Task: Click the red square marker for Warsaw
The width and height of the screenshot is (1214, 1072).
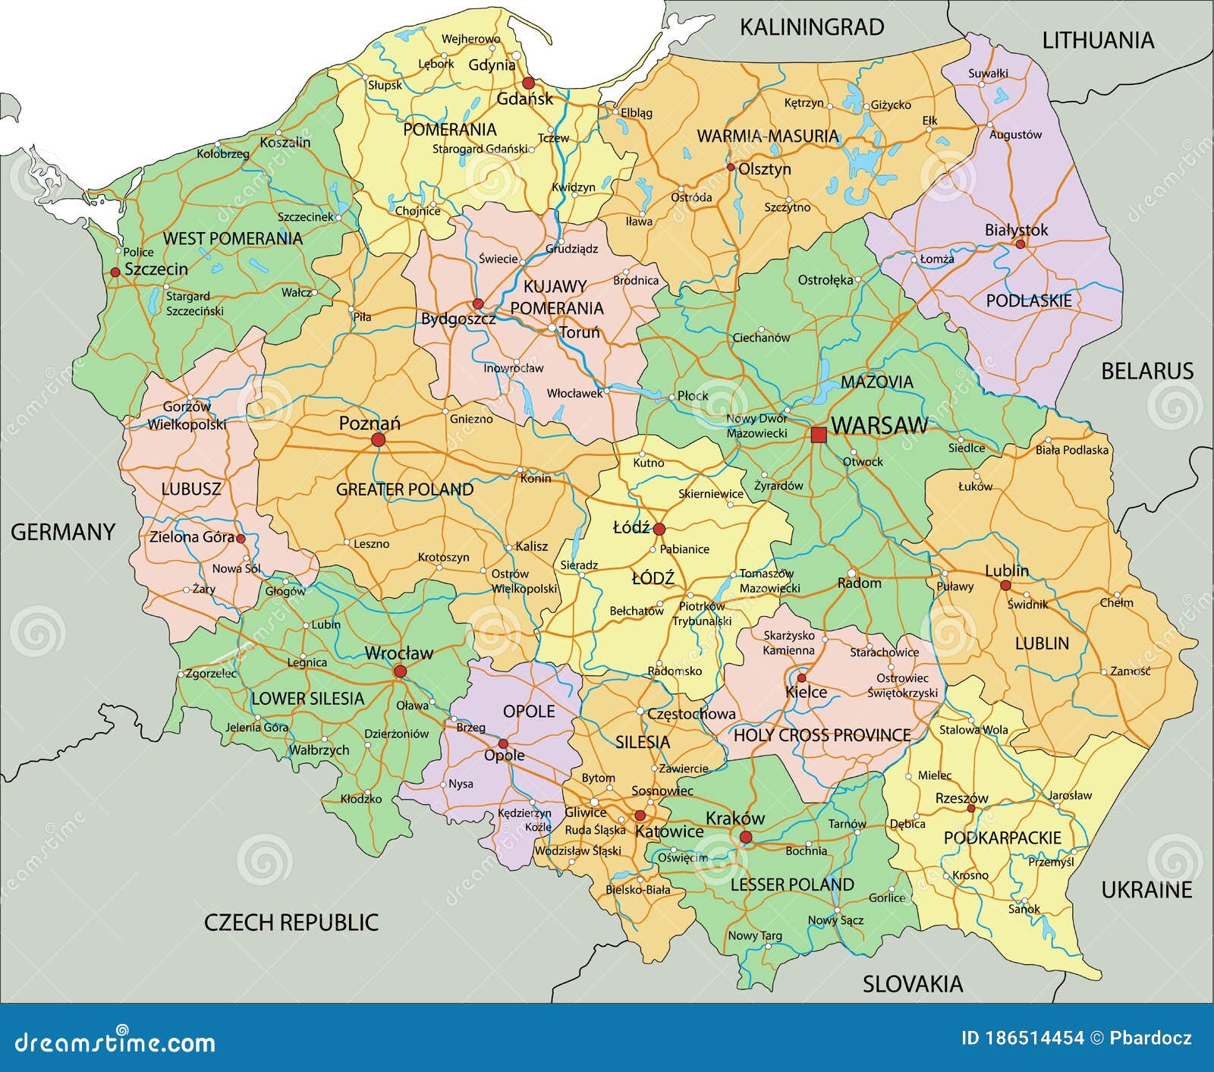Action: pos(819,435)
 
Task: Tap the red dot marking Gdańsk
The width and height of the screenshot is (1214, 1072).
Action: pos(528,83)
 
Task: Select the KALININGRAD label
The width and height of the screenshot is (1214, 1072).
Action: pos(812,27)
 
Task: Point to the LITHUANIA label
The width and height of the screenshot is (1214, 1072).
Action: pos(1097,40)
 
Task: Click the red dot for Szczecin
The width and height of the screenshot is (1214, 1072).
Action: pos(115,272)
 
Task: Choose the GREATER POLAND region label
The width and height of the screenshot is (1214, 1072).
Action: pos(404,489)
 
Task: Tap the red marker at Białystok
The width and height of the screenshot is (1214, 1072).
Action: pos(1020,244)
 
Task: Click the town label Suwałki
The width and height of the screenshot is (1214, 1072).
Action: pos(988,74)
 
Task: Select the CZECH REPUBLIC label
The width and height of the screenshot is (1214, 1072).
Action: pos(291,922)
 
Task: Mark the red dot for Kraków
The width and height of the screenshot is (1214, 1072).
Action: pos(746,837)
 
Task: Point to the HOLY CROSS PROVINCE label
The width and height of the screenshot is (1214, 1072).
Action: pos(822,734)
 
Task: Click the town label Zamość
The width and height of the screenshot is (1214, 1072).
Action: pos(1130,671)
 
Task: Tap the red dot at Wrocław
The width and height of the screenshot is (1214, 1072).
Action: pos(400,671)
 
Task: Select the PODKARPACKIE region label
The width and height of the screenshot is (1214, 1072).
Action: pos(1002,838)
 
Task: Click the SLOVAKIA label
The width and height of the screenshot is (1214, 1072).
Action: pos(912,984)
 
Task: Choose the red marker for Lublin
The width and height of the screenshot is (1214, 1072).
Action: pos(1005,586)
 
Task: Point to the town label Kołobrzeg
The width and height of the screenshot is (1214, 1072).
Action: pos(223,154)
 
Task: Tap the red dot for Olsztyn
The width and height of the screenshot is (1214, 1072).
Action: pos(731,168)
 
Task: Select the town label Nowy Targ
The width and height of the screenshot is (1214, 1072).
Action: pos(754,935)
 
